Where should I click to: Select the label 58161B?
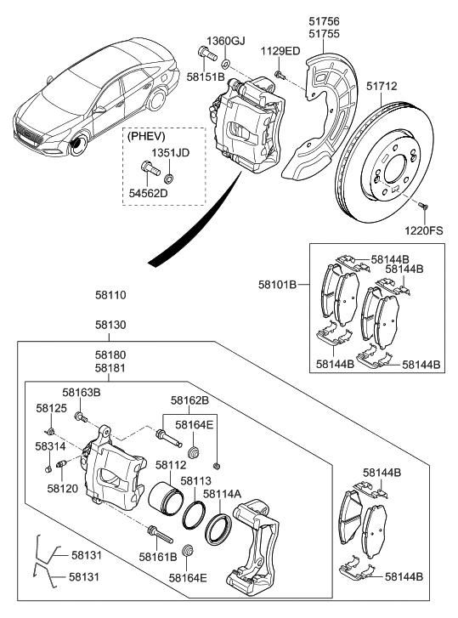(160, 558)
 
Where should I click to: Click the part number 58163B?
(82, 393)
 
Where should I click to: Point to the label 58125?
(51, 409)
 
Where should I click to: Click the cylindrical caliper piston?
(166, 499)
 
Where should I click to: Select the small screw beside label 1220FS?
(422, 206)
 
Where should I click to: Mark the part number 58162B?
(188, 400)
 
